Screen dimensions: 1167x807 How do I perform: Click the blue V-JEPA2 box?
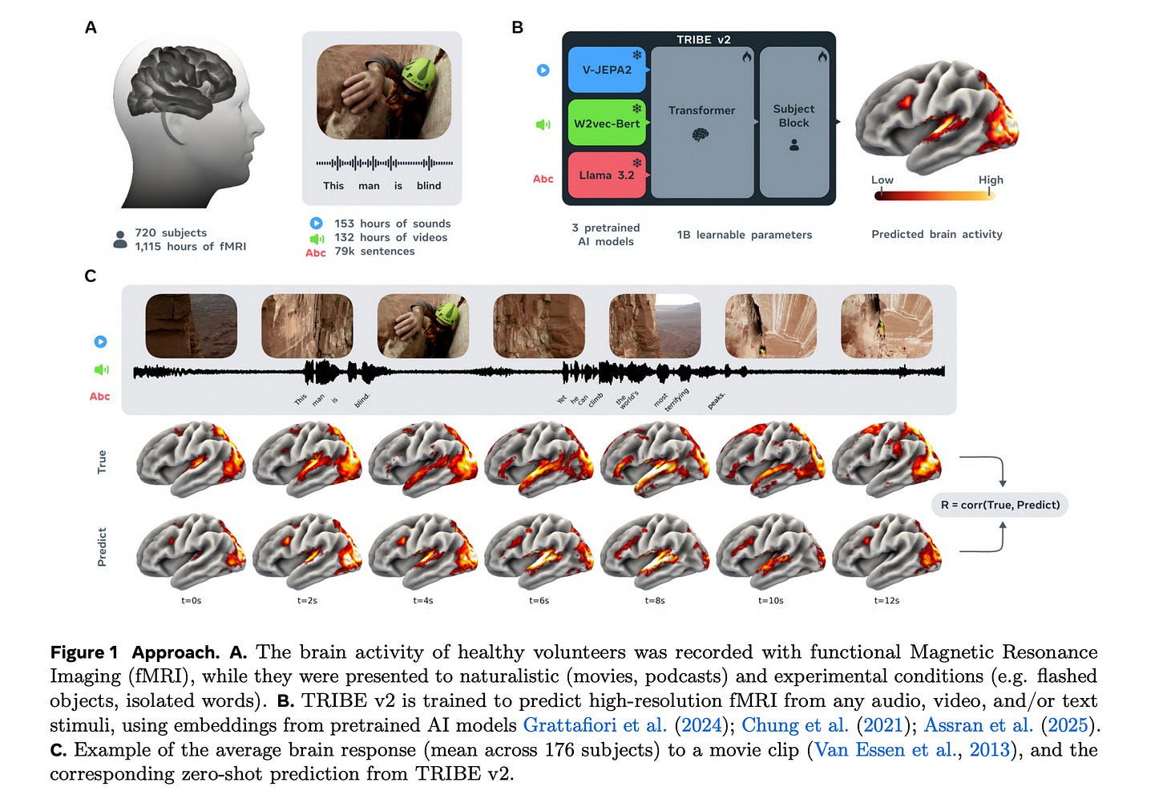pos(607,70)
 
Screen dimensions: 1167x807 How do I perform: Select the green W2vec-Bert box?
pos(607,123)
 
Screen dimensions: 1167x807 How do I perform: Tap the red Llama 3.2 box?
pos(607,175)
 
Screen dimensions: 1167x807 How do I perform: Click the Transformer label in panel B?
pos(701,111)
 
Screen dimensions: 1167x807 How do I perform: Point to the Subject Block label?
pos(793,115)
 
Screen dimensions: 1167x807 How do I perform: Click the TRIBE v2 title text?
pos(703,39)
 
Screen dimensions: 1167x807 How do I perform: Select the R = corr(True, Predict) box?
pos(999,505)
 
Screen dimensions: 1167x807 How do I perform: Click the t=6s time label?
pos(539,600)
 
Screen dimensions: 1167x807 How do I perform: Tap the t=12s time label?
pos(886,600)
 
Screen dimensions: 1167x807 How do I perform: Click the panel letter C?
pos(91,276)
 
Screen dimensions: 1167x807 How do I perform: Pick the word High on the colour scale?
pos(991,180)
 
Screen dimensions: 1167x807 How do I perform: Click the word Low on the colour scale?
pos(882,180)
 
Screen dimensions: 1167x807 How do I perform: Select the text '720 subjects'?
pos(171,233)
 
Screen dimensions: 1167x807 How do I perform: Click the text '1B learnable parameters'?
pos(744,235)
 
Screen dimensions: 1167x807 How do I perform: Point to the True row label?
pos(102,462)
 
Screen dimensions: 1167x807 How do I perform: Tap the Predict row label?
pos(102,547)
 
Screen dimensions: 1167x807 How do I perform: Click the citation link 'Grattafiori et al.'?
pos(595,725)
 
